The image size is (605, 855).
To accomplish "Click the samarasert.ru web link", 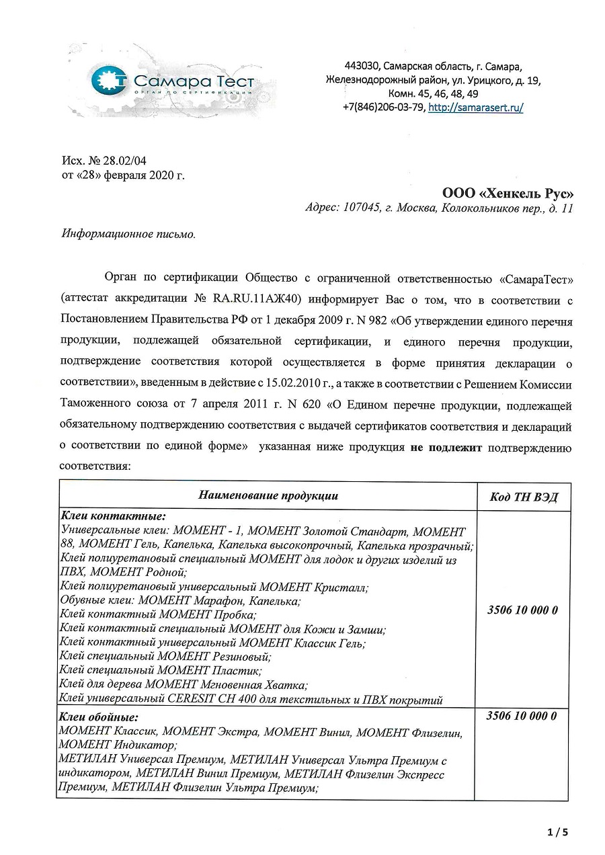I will pos(475,108).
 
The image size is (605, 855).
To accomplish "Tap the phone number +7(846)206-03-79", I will pos(382,108).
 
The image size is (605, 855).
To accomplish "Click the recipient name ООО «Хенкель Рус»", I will pos(508,192).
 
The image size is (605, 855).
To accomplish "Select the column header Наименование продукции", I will pos(268,496).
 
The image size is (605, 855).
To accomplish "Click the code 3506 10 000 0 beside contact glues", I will pos(522,611).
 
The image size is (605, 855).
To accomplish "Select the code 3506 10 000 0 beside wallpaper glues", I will pos(522,716).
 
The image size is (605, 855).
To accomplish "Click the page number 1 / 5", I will pos(558,832).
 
